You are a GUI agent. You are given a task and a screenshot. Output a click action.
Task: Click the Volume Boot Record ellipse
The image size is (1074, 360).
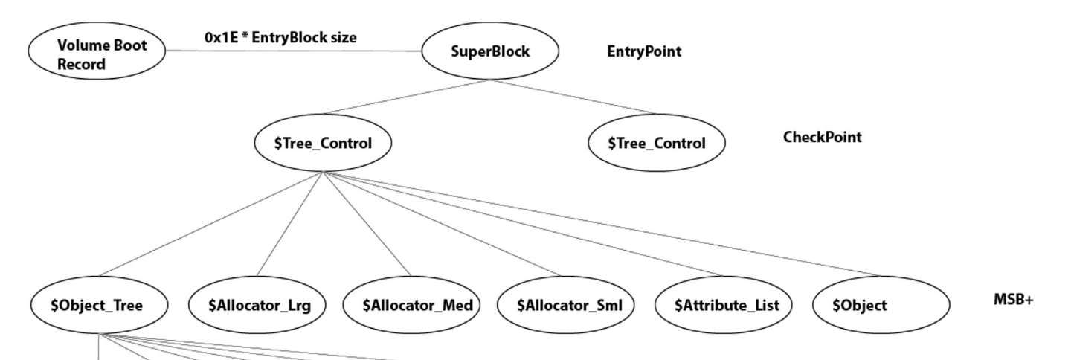97,51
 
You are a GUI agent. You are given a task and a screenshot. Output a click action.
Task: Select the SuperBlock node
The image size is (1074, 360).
490,51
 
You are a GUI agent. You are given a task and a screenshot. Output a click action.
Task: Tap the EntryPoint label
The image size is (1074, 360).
643,51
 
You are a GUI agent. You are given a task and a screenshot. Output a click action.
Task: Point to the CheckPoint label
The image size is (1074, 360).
822,137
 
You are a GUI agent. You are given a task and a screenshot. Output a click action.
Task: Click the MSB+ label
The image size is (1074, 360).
1013,300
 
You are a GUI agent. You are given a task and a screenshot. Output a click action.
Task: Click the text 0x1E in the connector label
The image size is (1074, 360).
220,37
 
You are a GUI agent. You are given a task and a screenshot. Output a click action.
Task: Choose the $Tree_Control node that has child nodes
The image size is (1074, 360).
323,143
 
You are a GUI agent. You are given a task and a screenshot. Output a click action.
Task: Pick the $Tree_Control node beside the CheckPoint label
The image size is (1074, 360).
656,143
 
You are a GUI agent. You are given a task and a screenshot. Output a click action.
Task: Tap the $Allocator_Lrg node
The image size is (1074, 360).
257,305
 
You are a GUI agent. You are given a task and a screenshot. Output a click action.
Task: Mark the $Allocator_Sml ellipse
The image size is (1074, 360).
566,305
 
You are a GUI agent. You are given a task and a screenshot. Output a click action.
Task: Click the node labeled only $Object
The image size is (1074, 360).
881,305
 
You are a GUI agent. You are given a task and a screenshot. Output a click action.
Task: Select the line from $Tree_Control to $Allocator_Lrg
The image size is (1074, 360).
290,224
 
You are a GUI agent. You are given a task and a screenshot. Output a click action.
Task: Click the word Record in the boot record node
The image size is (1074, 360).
81,65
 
